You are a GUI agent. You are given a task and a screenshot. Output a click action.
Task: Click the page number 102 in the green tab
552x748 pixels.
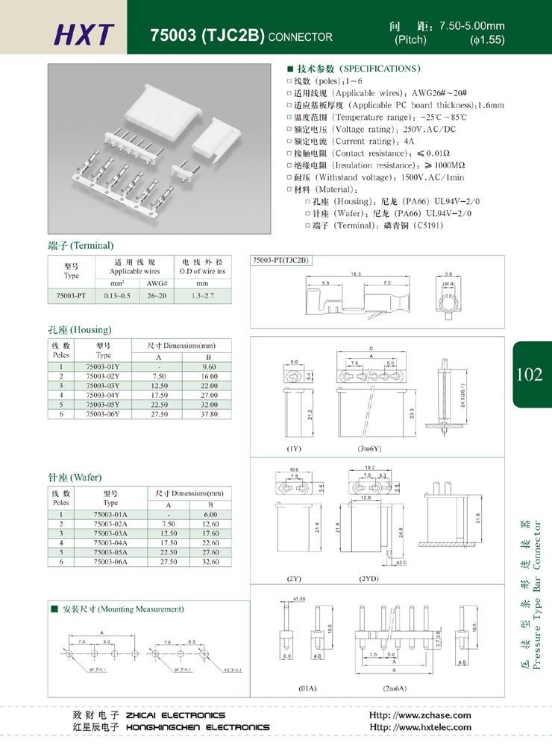tap(529, 375)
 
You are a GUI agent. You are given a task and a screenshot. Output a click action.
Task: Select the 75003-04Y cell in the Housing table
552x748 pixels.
tap(103, 395)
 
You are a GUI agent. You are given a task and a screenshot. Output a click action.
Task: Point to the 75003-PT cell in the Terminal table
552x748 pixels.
tap(71, 296)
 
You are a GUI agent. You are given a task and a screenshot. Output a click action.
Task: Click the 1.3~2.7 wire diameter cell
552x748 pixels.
tap(202, 296)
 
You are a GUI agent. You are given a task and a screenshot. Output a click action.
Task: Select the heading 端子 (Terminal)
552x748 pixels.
tap(81, 245)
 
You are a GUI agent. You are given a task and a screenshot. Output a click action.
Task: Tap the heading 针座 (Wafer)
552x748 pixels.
tap(75, 477)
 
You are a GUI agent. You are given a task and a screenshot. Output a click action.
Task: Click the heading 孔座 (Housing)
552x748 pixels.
tap(79, 329)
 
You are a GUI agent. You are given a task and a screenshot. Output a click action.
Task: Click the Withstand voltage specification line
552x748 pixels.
tap(378, 178)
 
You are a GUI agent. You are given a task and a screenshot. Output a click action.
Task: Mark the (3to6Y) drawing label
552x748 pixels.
tap(369, 449)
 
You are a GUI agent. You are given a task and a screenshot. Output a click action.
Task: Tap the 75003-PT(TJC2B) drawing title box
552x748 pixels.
tap(280, 260)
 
